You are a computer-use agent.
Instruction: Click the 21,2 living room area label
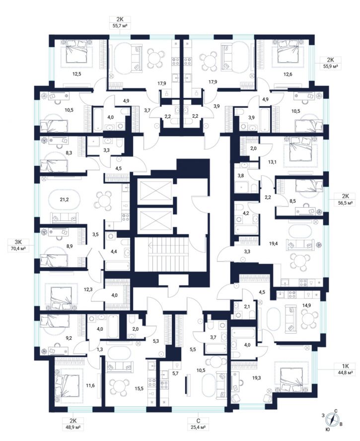coord(64,200)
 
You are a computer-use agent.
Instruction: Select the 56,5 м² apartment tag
coord(344,200)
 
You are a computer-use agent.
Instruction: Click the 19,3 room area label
coord(256,378)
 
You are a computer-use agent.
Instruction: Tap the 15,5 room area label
coord(139,389)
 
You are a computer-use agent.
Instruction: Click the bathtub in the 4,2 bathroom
coord(247,229)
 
